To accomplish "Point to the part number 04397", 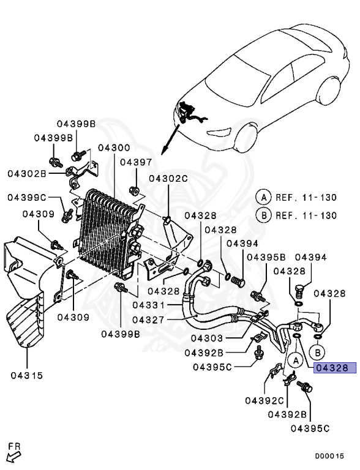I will (135, 162).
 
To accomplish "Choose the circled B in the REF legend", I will (263, 215).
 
